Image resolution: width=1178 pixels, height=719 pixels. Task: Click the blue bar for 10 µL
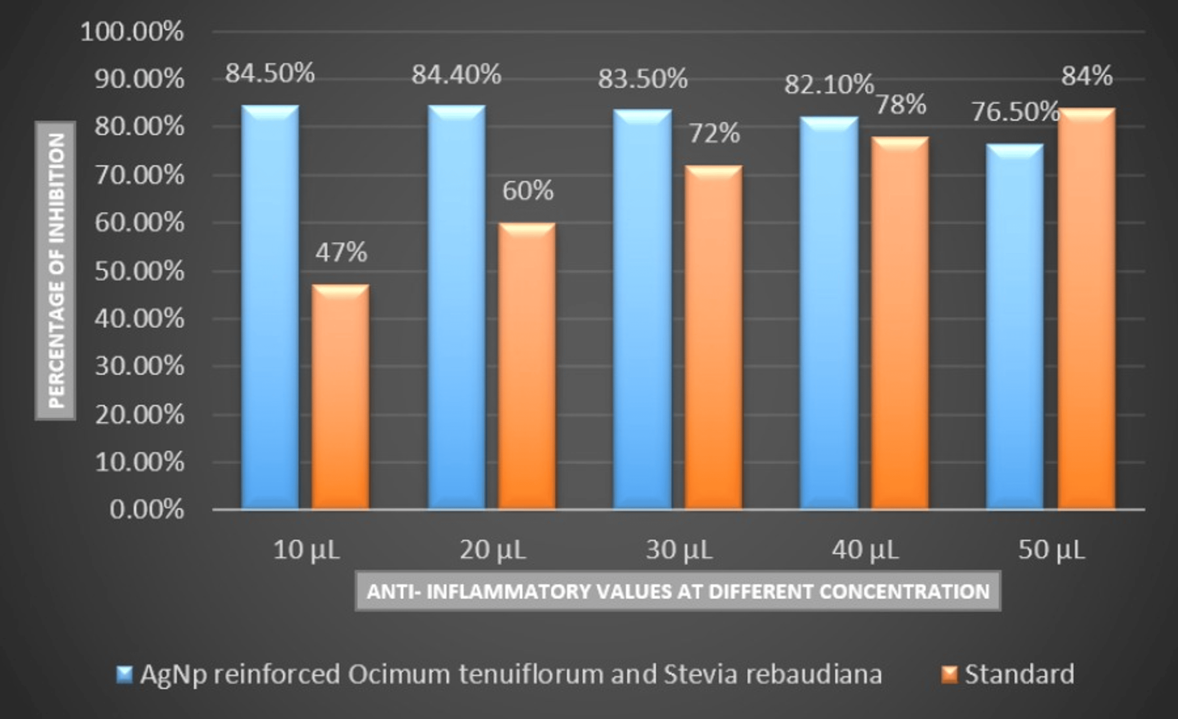(270, 306)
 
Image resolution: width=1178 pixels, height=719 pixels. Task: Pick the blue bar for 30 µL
(642, 308)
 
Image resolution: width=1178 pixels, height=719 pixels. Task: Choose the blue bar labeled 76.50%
(1015, 325)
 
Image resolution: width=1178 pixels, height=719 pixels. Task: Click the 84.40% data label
(456, 75)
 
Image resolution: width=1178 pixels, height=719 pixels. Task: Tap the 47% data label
(341, 252)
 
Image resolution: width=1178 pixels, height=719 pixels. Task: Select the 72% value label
(714, 134)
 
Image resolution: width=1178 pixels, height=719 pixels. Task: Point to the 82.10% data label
(829, 85)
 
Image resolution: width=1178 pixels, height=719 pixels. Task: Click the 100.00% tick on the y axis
(132, 32)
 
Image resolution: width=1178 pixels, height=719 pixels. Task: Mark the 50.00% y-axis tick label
(139, 272)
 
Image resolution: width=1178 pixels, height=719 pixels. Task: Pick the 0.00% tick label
(146, 510)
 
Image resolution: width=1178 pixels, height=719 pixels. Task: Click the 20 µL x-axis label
(492, 550)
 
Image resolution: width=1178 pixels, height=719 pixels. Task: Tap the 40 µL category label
(865, 550)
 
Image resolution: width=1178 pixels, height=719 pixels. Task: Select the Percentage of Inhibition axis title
(55, 271)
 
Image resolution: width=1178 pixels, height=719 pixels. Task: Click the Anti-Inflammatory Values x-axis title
(678, 592)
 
